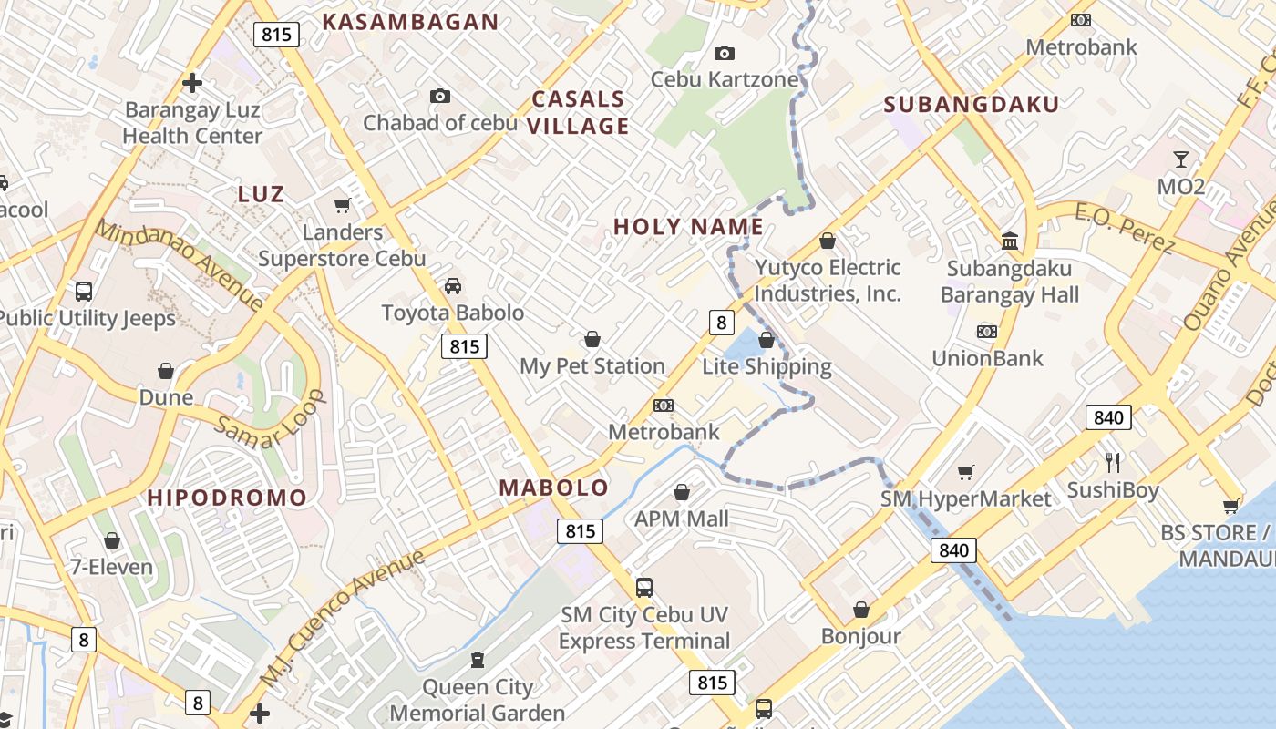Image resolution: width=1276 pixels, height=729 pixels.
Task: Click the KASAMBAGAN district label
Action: (x=410, y=22)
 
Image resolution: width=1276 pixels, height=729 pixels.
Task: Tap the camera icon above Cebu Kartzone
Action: (x=725, y=54)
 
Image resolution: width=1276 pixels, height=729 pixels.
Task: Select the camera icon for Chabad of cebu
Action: (x=440, y=96)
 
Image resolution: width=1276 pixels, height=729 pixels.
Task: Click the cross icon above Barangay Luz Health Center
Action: (x=191, y=83)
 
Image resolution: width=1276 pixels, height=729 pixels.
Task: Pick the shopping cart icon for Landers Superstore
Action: (x=343, y=206)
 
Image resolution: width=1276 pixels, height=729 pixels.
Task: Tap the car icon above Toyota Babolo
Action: (x=453, y=286)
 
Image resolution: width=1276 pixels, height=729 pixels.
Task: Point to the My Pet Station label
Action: (x=592, y=366)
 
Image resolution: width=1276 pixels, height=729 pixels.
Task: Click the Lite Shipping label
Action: (x=767, y=367)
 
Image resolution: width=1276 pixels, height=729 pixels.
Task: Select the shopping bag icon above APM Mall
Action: (x=682, y=493)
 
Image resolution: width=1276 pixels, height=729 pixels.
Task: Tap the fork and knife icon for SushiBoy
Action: (x=1112, y=462)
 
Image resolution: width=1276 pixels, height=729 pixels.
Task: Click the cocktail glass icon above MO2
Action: (x=1181, y=159)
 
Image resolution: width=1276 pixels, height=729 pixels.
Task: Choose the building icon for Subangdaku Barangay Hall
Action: (x=1010, y=241)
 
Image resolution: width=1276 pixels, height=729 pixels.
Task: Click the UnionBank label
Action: (x=987, y=358)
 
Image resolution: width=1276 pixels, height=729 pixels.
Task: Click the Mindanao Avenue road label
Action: (x=180, y=265)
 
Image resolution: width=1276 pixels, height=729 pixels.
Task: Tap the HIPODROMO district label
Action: (x=227, y=498)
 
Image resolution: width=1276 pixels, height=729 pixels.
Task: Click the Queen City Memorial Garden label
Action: (x=478, y=700)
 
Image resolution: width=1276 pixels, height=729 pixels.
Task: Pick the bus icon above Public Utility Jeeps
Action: (x=84, y=292)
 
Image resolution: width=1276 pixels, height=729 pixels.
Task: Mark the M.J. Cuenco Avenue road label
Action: (x=343, y=618)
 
